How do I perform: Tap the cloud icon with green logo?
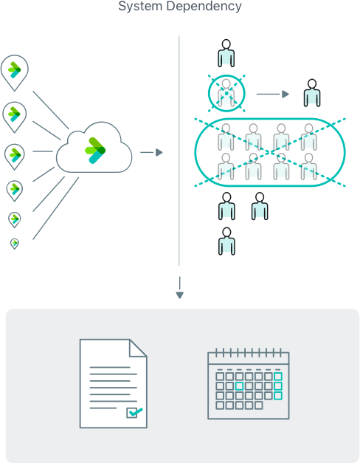(94, 150)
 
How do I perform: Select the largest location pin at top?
(14, 71)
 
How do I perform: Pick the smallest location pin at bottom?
(14, 243)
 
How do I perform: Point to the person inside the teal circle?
(226, 94)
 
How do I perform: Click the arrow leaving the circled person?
(272, 94)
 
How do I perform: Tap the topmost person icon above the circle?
(226, 53)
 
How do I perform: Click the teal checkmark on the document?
(134, 412)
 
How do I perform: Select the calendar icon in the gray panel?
(248, 383)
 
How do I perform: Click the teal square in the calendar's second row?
(239, 385)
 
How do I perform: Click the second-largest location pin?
(14, 114)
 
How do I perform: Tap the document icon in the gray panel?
(113, 383)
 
